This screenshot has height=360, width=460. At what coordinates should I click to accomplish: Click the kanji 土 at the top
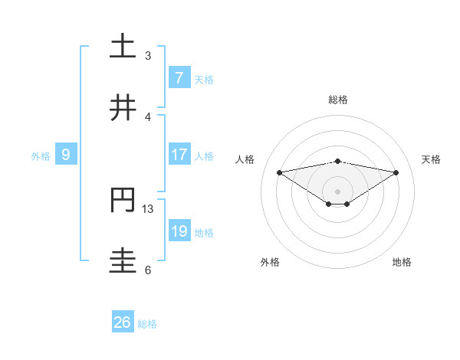[123, 47]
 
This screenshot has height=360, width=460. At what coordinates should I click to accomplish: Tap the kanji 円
[123, 200]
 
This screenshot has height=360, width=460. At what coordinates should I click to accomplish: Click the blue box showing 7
[179, 77]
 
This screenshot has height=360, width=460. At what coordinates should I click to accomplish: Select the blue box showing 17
[179, 154]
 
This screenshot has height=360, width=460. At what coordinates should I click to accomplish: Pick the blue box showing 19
[179, 231]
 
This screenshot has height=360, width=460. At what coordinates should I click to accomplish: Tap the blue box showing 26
[123, 322]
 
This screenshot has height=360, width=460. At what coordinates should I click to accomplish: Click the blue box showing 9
[66, 154]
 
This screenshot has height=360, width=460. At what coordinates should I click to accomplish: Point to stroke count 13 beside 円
[148, 208]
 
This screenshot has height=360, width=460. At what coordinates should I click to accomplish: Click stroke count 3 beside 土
[148, 55]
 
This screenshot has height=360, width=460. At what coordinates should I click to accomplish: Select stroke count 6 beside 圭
[148, 270]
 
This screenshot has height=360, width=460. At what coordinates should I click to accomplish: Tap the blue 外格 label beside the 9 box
[41, 155]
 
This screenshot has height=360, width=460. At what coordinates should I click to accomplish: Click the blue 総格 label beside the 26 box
[147, 324]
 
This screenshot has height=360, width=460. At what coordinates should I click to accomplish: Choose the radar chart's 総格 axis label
[337, 100]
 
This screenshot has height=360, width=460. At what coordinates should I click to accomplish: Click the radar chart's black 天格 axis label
[432, 159]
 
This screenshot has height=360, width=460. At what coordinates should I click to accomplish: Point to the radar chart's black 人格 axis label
[245, 159]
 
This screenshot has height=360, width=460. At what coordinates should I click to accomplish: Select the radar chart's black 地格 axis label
[402, 262]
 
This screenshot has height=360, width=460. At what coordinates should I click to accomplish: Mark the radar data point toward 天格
[396, 172]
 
